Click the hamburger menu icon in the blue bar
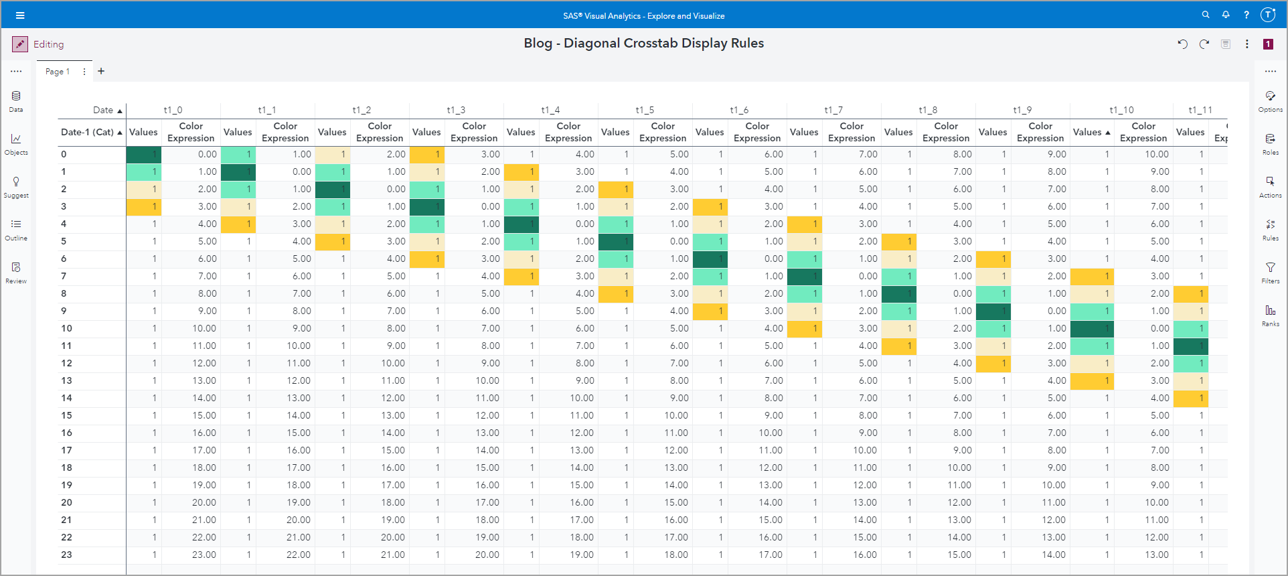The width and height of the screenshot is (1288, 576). pos(20,15)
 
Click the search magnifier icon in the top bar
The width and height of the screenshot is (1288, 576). pos(1206,15)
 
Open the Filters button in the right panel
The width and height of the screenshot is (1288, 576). pos(1270,271)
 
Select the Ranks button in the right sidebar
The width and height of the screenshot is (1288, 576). pos(1270,314)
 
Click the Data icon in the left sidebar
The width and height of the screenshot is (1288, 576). pos(16,100)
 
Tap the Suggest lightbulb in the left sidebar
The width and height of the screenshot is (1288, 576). pos(16,186)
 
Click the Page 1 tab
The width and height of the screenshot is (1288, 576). pos(58,72)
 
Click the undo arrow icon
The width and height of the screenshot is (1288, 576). pos(1183,44)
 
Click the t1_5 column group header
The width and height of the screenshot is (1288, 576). pos(645,110)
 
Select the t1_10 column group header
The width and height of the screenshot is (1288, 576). pos(1121,110)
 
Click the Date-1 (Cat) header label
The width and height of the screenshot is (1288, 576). pos(87,132)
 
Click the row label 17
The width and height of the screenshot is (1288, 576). pos(66,450)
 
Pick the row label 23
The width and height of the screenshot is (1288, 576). pos(66,555)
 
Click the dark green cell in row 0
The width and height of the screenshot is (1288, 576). pos(144,154)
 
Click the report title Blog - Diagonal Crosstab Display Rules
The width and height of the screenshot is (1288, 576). pos(643,44)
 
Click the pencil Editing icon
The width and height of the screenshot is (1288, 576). pos(20,44)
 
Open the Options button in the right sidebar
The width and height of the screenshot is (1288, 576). pos(1270,100)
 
